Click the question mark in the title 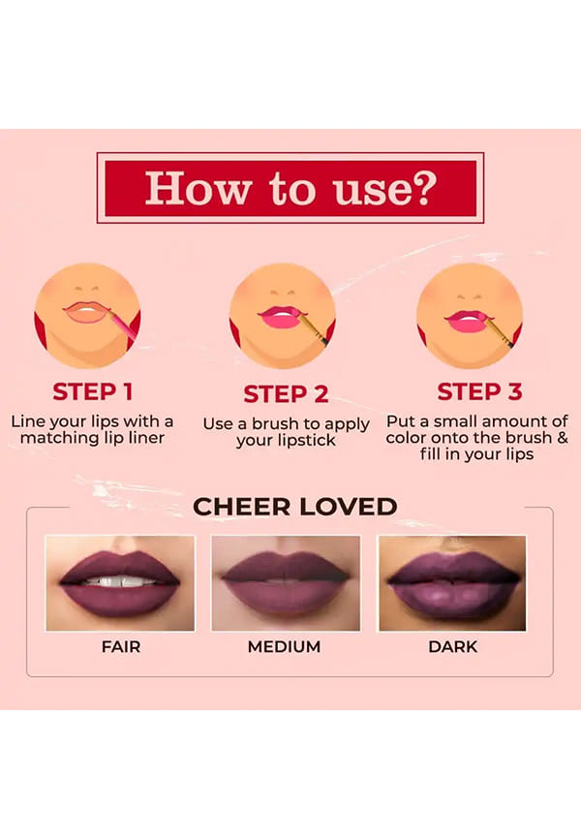[x=423, y=187]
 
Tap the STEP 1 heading [x=93, y=391]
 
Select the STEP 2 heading [x=286, y=394]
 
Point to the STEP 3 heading [x=479, y=391]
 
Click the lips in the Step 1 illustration [x=85, y=312]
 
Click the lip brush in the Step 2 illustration [x=313, y=327]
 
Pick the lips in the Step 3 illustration [x=466, y=322]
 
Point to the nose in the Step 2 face [x=283, y=293]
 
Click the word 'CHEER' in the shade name [x=242, y=507]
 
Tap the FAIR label [x=121, y=646]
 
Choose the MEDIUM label [x=284, y=646]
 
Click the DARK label [x=452, y=646]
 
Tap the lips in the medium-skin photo [x=287, y=583]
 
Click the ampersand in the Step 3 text [x=562, y=438]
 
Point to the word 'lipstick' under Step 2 [x=302, y=441]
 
